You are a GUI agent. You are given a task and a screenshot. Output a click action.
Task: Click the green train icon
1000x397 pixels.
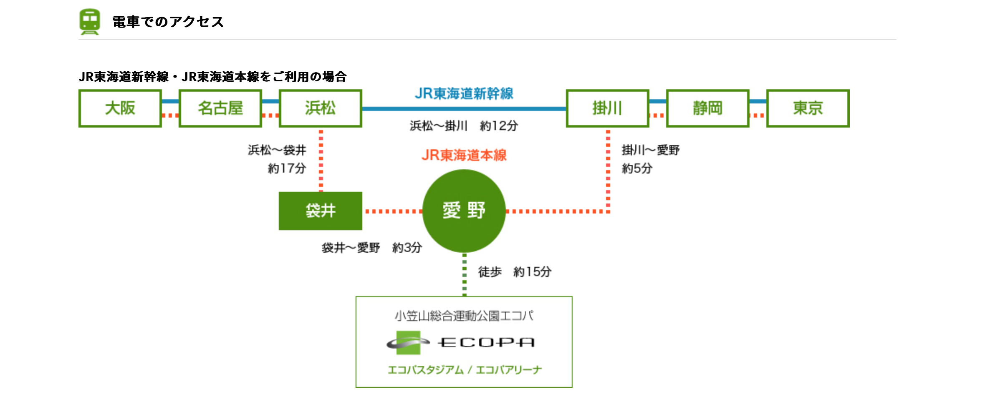[x=90, y=22]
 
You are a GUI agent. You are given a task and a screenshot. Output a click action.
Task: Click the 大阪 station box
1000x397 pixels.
[x=120, y=108]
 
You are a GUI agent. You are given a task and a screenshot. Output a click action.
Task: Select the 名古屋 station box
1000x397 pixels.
[x=220, y=108]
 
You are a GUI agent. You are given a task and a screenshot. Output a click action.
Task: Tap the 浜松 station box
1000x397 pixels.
[x=321, y=108]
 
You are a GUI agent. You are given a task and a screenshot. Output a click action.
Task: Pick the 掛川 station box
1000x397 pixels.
[x=607, y=108]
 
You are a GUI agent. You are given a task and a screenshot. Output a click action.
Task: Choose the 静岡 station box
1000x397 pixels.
[x=707, y=108]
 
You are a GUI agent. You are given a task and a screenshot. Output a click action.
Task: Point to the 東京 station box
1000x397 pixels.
[x=808, y=108]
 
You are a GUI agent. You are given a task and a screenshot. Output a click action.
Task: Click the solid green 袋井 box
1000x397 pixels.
[x=321, y=211]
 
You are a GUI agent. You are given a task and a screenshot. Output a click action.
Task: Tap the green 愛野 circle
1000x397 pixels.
[x=464, y=211]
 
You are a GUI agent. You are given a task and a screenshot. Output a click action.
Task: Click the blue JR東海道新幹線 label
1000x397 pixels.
[x=464, y=94]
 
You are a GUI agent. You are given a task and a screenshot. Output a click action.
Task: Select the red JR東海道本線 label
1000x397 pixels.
[x=464, y=156]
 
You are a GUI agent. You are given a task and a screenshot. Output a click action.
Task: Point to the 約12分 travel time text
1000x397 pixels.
[x=499, y=126]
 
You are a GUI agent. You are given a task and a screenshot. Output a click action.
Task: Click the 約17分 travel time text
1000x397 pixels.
[x=287, y=168]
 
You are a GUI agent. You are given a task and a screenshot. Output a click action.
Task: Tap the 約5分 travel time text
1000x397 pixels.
[x=637, y=168]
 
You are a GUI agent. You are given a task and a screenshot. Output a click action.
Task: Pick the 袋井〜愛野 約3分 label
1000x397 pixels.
[x=371, y=248]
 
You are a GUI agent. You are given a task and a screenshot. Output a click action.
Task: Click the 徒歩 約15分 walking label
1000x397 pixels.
[x=515, y=272]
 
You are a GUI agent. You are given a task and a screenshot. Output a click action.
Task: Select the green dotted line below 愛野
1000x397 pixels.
[x=465, y=274]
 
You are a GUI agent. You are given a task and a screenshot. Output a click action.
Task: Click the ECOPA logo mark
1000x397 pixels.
[x=408, y=343]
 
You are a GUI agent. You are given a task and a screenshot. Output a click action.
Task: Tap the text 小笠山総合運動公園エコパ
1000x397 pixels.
[x=464, y=316]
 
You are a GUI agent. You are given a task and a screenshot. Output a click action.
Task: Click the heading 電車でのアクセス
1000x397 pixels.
[x=168, y=22]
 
